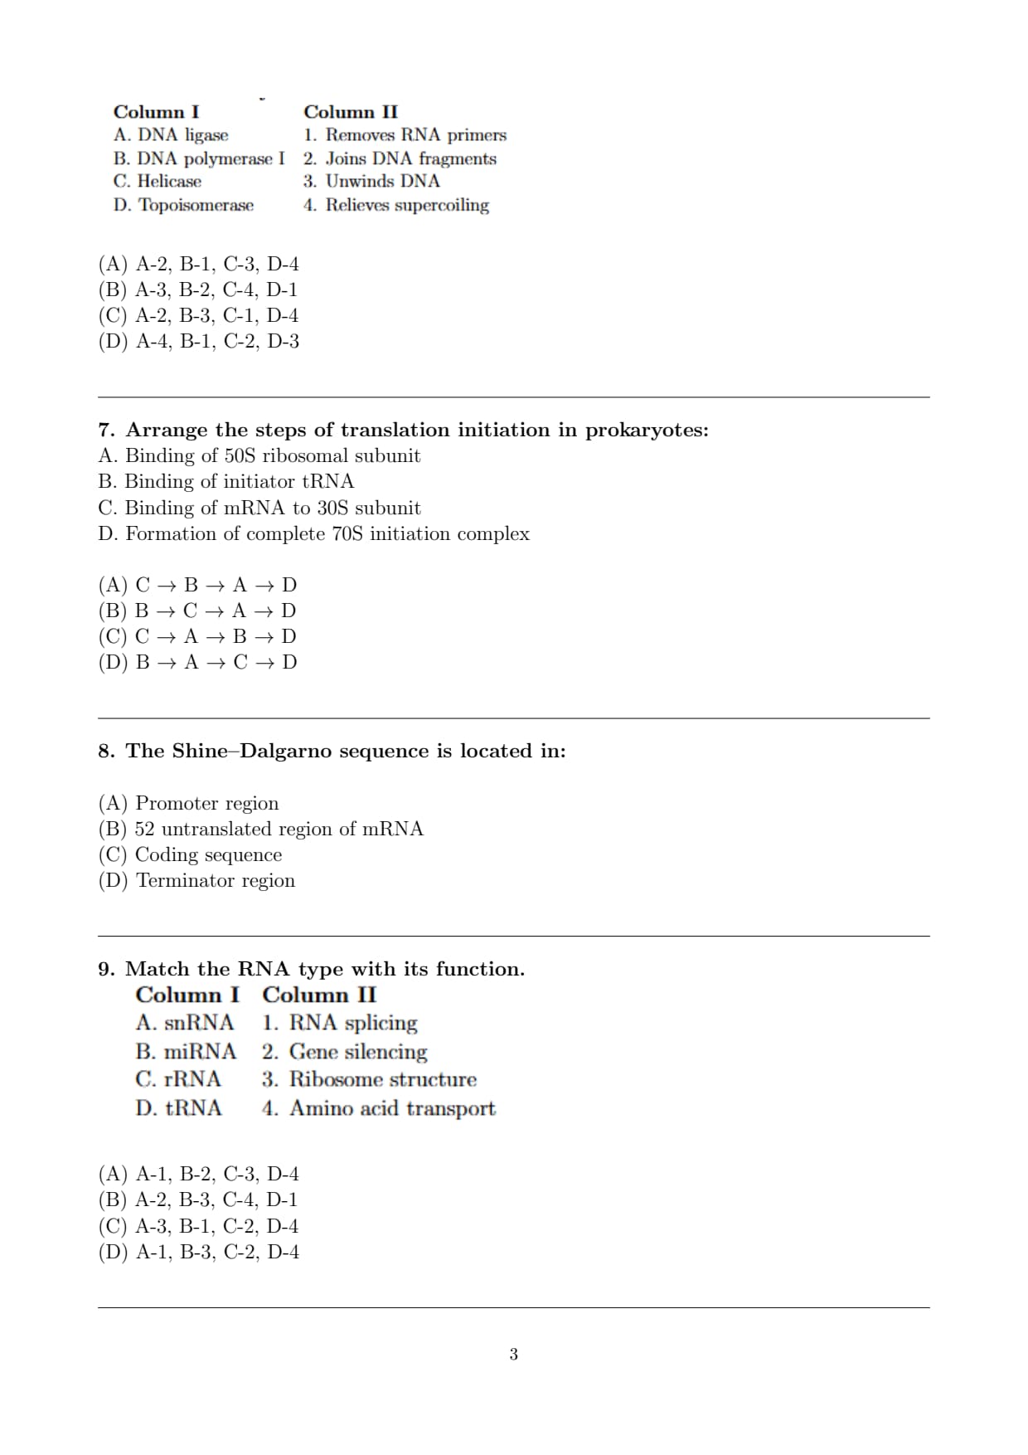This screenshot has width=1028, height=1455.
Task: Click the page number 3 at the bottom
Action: (x=513, y=1355)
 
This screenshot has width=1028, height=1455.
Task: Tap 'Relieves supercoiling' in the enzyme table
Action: (x=406, y=205)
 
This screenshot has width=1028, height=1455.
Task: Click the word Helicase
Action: (x=169, y=181)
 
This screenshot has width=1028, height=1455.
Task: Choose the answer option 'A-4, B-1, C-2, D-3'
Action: (x=199, y=341)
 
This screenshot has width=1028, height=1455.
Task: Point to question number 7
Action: (x=105, y=430)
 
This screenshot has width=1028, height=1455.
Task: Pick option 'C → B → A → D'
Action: (x=198, y=585)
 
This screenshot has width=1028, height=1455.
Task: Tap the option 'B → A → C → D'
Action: (x=198, y=662)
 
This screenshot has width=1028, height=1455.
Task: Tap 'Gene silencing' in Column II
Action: (x=358, y=1052)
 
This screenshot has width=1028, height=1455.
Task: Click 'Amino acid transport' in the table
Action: (x=392, y=1108)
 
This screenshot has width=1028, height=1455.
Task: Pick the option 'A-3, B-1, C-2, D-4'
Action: (x=199, y=1226)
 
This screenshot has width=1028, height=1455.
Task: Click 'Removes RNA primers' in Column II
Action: (x=415, y=134)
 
